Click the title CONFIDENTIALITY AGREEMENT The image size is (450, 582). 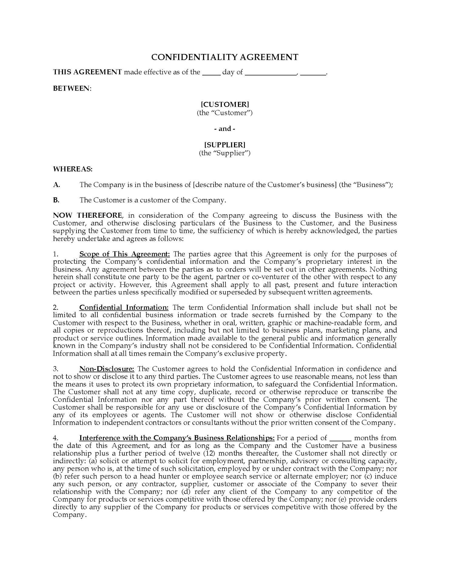(225, 57)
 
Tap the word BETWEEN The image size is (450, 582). (72, 88)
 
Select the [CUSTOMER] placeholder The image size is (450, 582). (225, 105)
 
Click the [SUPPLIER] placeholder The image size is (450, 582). (225, 145)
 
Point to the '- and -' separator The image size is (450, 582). (225, 129)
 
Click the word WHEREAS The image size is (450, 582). (73, 169)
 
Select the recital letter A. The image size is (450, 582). (56, 185)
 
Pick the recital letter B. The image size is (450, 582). (56, 200)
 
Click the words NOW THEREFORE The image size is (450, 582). (87, 216)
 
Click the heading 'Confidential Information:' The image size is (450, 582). (124, 308)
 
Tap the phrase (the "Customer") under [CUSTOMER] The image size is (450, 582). (225, 113)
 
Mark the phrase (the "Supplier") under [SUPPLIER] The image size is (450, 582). (225, 153)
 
